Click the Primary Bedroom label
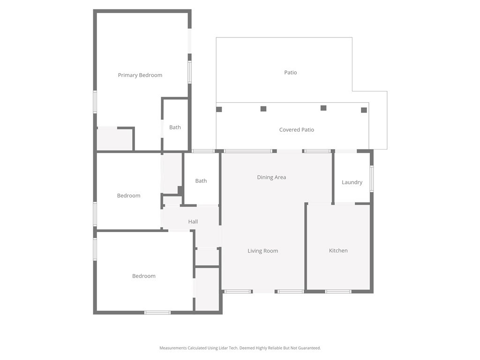click(140, 75)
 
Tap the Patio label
click(291, 73)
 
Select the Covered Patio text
click(297, 130)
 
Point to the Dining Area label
click(271, 177)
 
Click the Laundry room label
click(352, 182)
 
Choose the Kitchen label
click(338, 250)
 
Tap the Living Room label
click(263, 251)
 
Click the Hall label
click(193, 222)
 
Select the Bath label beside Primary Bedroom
click(175, 127)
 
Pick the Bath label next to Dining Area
click(201, 181)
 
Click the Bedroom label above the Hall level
click(128, 195)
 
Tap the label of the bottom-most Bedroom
click(144, 276)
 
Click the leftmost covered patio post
click(219, 109)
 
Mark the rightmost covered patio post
click(364, 110)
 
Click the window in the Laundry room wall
click(372, 179)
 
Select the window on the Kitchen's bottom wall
click(338, 292)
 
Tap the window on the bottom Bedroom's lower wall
click(157, 313)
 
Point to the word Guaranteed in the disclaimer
click(310, 348)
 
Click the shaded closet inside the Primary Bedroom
click(115, 139)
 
